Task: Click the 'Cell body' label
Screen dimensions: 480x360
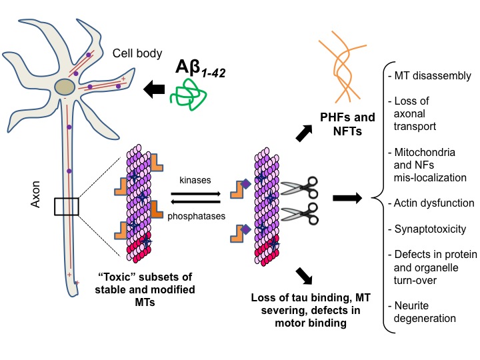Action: pyautogui.click(x=137, y=53)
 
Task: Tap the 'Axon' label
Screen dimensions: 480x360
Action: pyautogui.click(x=35, y=194)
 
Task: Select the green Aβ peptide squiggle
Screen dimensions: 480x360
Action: pyautogui.click(x=188, y=95)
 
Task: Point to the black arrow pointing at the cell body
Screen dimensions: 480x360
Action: pyautogui.click(x=154, y=89)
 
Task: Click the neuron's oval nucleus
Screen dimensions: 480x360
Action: pyautogui.click(x=65, y=87)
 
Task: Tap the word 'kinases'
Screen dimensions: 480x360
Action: pyautogui.click(x=195, y=180)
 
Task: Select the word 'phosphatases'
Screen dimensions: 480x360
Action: pyautogui.click(x=196, y=216)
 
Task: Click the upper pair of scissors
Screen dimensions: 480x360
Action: pyautogui.click(x=299, y=187)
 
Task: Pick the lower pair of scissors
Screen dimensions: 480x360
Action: pyautogui.click(x=299, y=214)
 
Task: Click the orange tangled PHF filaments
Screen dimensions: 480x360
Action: pyautogui.click(x=342, y=66)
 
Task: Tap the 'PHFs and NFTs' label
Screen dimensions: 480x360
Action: pyautogui.click(x=347, y=124)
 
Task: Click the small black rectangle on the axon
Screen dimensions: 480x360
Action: pyautogui.click(x=67, y=207)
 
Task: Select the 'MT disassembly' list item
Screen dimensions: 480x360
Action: pyautogui.click(x=430, y=75)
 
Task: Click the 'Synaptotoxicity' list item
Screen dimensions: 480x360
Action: pyautogui.click(x=427, y=229)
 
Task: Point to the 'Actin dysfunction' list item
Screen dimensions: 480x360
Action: pyautogui.click(x=431, y=203)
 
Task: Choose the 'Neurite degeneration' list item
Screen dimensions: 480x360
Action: pyautogui.click(x=422, y=312)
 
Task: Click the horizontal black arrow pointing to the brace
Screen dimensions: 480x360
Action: pyautogui.click(x=347, y=198)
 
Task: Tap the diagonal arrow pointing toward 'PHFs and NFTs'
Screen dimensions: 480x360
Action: pyautogui.click(x=304, y=133)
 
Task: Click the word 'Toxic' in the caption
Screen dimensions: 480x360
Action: pyautogui.click(x=117, y=277)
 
